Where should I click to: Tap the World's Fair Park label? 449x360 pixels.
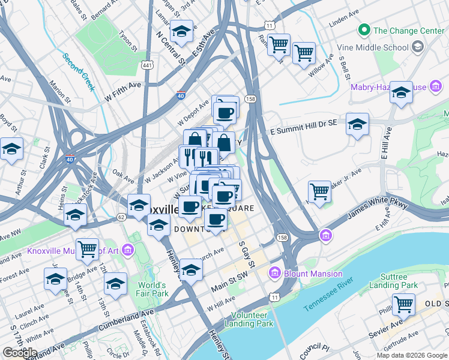coord(151,289)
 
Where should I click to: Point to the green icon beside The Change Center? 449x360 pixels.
coord(363,29)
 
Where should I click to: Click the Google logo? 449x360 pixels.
coord(20,353)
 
